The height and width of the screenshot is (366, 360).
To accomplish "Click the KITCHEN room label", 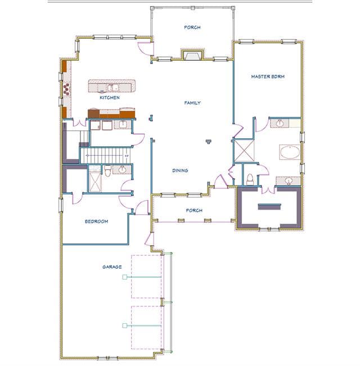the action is tap(110, 98).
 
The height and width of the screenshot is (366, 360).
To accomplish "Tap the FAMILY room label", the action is tap(192, 103).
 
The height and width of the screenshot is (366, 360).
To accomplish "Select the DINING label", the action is tap(180, 170).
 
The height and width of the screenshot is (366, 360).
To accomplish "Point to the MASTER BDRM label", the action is tap(268, 76).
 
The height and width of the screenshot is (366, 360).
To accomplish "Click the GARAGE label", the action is tap(112, 267).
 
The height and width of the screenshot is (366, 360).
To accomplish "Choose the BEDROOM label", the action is tap(96, 222).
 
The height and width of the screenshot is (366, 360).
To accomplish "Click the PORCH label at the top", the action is tap(192, 28).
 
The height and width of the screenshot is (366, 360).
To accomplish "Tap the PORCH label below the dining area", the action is tap(194, 210).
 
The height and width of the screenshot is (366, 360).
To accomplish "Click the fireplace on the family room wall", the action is tap(192, 55).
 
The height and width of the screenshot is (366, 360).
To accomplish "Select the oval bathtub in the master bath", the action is tap(290, 152).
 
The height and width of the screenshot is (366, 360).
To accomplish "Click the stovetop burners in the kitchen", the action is tap(66, 89).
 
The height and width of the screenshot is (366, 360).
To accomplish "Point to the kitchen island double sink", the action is tap(112, 88).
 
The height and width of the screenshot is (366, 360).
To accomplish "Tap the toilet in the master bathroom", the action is tap(250, 179).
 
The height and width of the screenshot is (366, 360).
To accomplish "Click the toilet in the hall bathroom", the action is tap(107, 170).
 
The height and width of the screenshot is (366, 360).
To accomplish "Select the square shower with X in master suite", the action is tap(244, 151).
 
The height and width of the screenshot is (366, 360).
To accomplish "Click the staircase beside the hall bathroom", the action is tap(105, 155).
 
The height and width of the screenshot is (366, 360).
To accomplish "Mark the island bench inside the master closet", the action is tap(269, 207).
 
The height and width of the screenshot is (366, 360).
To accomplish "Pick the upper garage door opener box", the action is tap(125, 277).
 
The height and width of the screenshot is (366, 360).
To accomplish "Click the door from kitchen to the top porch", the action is tap(145, 49).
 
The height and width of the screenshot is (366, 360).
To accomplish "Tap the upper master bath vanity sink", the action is tap(280, 123).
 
